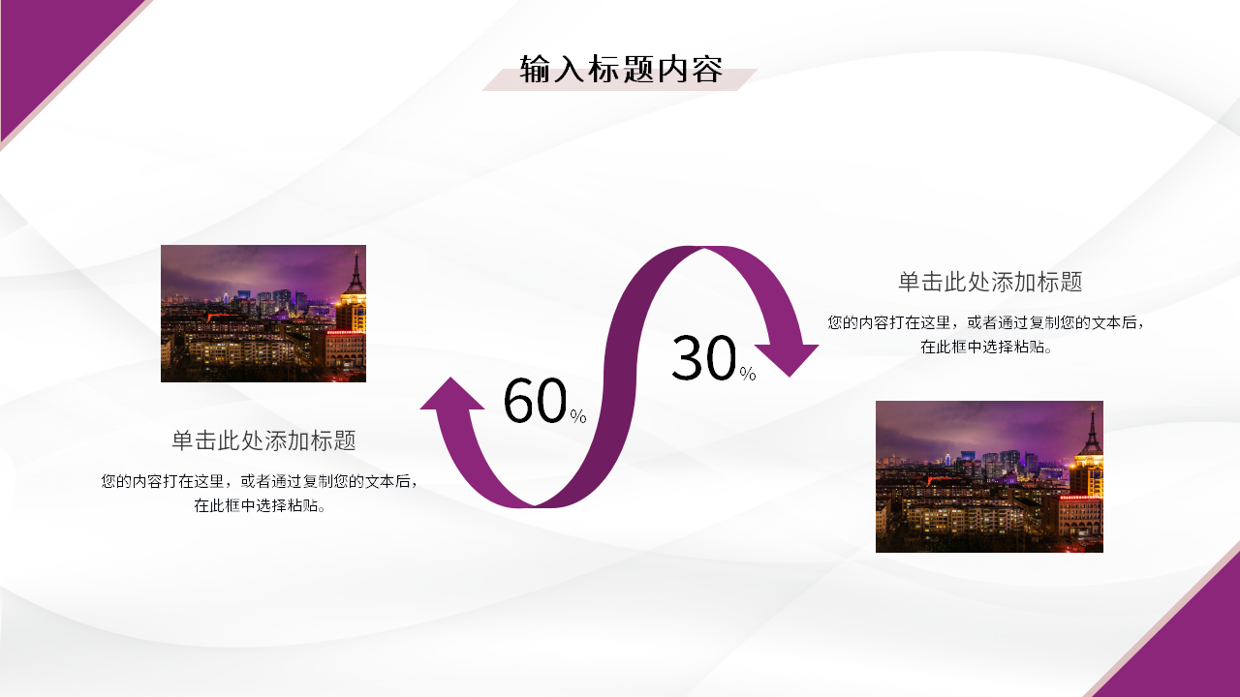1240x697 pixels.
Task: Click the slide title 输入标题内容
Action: pyautogui.click(x=621, y=70)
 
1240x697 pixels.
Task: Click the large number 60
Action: pyautogui.click(x=535, y=401)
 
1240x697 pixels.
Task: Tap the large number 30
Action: pyautogui.click(x=703, y=358)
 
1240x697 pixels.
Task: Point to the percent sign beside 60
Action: pyautogui.click(x=578, y=417)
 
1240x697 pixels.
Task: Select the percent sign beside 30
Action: pyautogui.click(x=748, y=374)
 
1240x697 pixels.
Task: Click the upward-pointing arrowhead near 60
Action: pyautogui.click(x=451, y=395)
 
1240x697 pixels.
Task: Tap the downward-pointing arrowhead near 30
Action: pyautogui.click(x=787, y=359)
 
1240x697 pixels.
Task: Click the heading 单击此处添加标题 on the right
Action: pyautogui.click(x=989, y=283)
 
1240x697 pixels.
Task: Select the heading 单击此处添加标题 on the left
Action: pyautogui.click(x=263, y=441)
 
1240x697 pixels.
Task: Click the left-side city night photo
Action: pyautogui.click(x=263, y=314)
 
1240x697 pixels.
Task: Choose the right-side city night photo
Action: pyautogui.click(x=989, y=476)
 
